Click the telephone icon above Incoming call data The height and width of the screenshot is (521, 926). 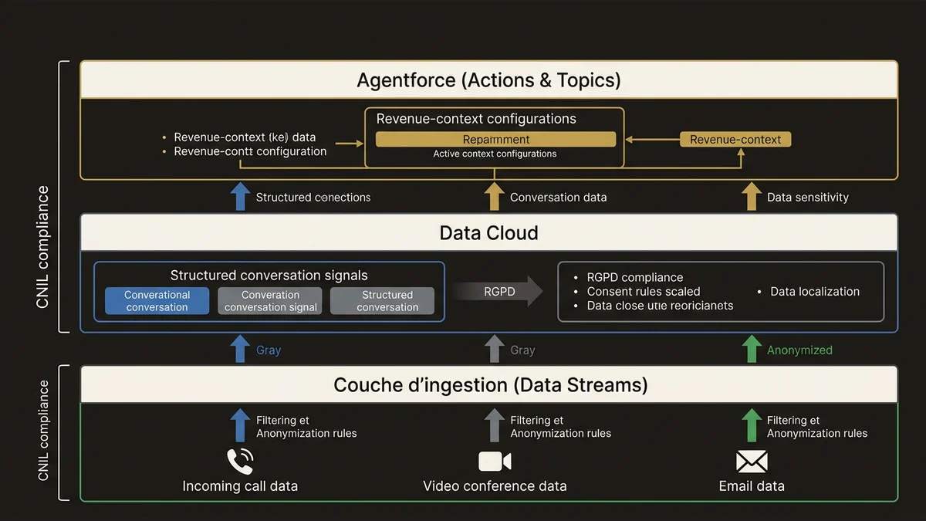coord(240,462)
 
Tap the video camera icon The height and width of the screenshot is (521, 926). coord(495,462)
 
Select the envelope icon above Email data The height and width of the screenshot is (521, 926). coord(752,462)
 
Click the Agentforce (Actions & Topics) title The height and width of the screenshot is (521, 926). coord(488,80)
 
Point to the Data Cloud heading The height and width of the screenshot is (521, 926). coord(488,233)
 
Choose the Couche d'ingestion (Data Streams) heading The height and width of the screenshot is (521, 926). coord(490,384)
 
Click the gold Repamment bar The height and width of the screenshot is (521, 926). coord(495,140)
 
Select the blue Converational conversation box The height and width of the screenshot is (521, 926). coord(157,301)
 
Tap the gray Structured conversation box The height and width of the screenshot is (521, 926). coord(387,301)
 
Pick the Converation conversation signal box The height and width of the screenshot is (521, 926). coord(270,301)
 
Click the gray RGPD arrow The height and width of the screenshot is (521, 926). coord(498,292)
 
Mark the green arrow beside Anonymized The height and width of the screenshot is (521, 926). coord(751,349)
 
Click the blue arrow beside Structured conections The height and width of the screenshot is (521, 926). coord(240,196)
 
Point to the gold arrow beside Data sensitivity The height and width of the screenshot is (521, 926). coord(751,196)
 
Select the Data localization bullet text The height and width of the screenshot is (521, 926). coord(814,292)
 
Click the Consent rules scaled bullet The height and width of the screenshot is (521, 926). coord(643,292)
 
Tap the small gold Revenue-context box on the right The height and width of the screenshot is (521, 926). coord(735,140)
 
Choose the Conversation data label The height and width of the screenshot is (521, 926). coord(558,198)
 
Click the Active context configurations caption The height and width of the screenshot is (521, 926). coord(495,154)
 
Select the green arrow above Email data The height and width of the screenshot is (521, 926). coord(751,425)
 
